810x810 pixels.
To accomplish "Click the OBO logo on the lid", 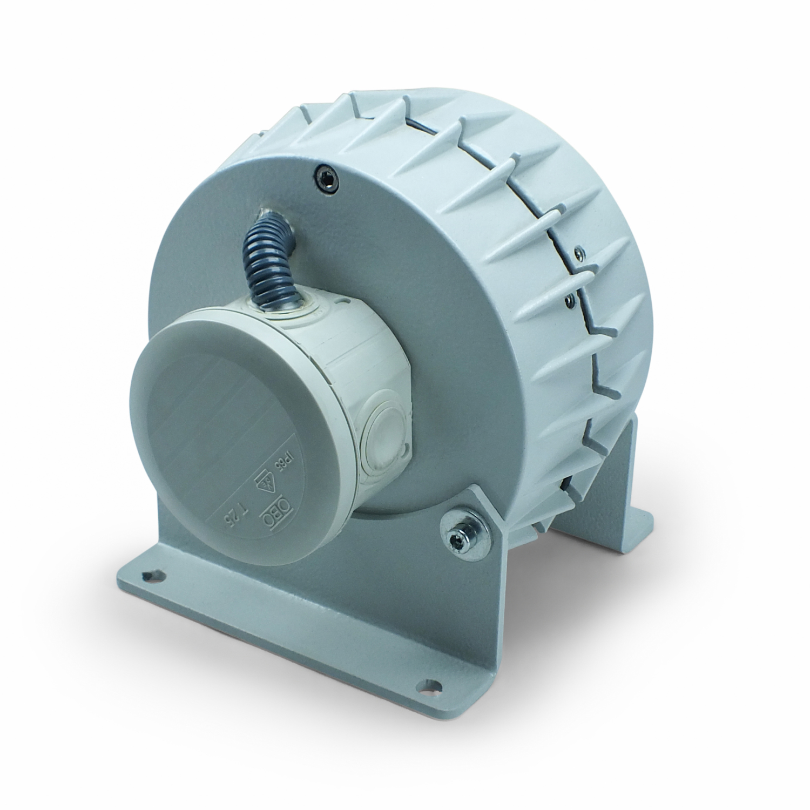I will click(x=270, y=518).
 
